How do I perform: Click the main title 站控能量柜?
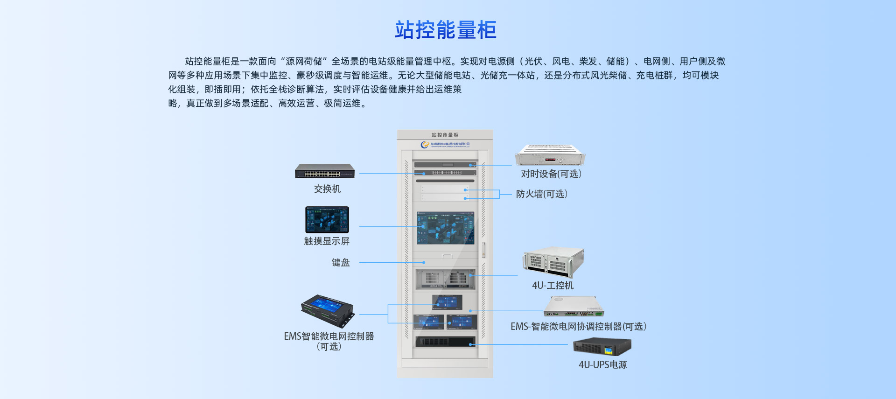pos(446,30)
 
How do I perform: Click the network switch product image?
pos(325,171)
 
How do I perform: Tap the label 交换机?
pos(327,189)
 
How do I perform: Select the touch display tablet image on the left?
pos(327,220)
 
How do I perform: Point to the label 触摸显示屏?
pos(327,241)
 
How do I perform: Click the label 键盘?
pos(341,262)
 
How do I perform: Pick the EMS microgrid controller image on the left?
pos(328,310)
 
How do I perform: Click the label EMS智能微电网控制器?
pos(329,336)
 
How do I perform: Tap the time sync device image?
pos(550,155)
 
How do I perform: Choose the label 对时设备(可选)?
pos(551,174)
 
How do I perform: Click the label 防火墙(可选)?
pos(542,194)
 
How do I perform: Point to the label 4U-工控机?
pos(553,285)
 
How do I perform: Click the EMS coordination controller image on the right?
pos(574,307)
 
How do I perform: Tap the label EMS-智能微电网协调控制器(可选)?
pos(579,326)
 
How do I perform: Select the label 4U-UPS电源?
pos(602,364)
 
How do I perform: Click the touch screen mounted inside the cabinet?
pos(446,228)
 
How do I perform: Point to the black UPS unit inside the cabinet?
pos(445,342)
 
